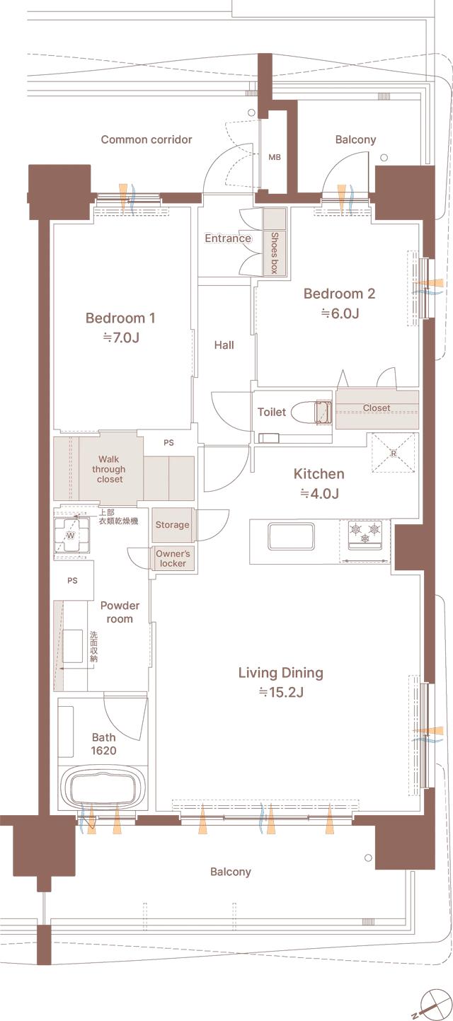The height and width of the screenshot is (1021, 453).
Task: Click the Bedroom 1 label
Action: (x=120, y=318)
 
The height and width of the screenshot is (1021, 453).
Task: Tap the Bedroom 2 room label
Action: (x=339, y=294)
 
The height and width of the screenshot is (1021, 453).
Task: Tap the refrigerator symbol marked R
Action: (x=393, y=454)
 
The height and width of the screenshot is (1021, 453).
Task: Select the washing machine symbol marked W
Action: (x=71, y=536)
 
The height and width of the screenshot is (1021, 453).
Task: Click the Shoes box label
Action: (x=273, y=253)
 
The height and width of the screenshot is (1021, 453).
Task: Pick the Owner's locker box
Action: (x=172, y=558)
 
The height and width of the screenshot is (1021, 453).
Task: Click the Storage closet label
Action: (x=172, y=525)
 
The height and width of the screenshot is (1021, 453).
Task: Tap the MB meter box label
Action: (x=275, y=157)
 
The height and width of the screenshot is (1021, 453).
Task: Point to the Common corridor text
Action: (x=146, y=139)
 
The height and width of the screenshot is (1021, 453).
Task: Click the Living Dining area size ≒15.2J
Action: (x=280, y=692)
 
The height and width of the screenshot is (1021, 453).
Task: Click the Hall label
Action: (x=224, y=345)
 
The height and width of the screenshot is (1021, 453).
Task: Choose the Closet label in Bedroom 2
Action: (x=376, y=408)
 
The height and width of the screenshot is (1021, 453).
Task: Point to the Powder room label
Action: (x=120, y=612)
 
